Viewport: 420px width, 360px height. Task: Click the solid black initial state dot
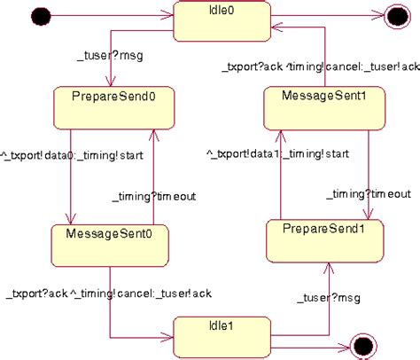39,14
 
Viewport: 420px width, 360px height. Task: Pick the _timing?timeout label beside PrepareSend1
368,193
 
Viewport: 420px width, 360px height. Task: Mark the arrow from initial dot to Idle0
106,14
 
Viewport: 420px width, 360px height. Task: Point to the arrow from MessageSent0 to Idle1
110,306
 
